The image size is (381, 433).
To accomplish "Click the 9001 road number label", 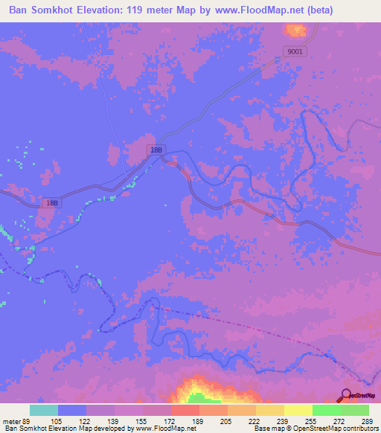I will [294, 51].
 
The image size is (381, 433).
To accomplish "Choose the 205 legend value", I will [228, 420].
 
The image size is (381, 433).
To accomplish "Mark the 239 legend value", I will [284, 420].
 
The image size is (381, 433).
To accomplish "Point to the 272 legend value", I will [341, 420].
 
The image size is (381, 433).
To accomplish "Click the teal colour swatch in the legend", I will [44, 410].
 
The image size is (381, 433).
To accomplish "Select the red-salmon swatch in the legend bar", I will [185, 410].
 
